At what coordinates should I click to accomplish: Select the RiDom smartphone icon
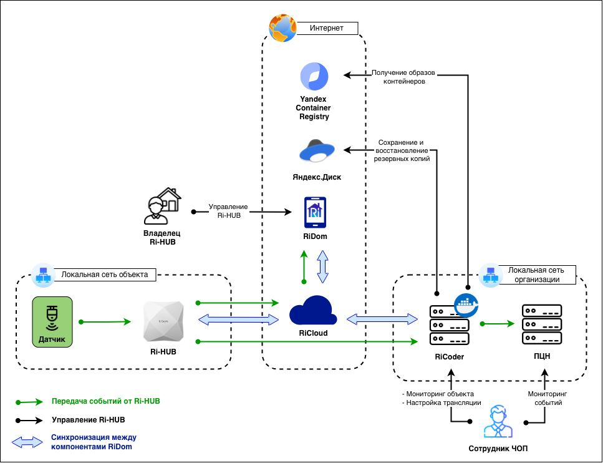click(315, 213)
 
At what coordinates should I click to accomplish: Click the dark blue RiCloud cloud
click(313, 310)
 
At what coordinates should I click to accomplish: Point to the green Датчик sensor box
click(53, 322)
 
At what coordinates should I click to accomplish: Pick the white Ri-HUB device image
click(163, 322)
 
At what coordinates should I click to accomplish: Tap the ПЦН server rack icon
click(542, 324)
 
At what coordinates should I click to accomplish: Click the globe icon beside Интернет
click(282, 28)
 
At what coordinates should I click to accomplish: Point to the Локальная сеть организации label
click(536, 275)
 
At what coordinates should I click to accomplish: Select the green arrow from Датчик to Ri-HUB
click(106, 322)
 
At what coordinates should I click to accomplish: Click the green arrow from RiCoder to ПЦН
click(499, 323)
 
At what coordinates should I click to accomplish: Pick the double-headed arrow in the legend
click(26, 442)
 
